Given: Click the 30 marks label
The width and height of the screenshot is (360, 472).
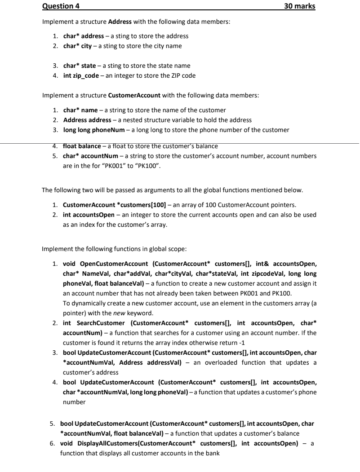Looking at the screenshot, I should coord(300,6).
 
